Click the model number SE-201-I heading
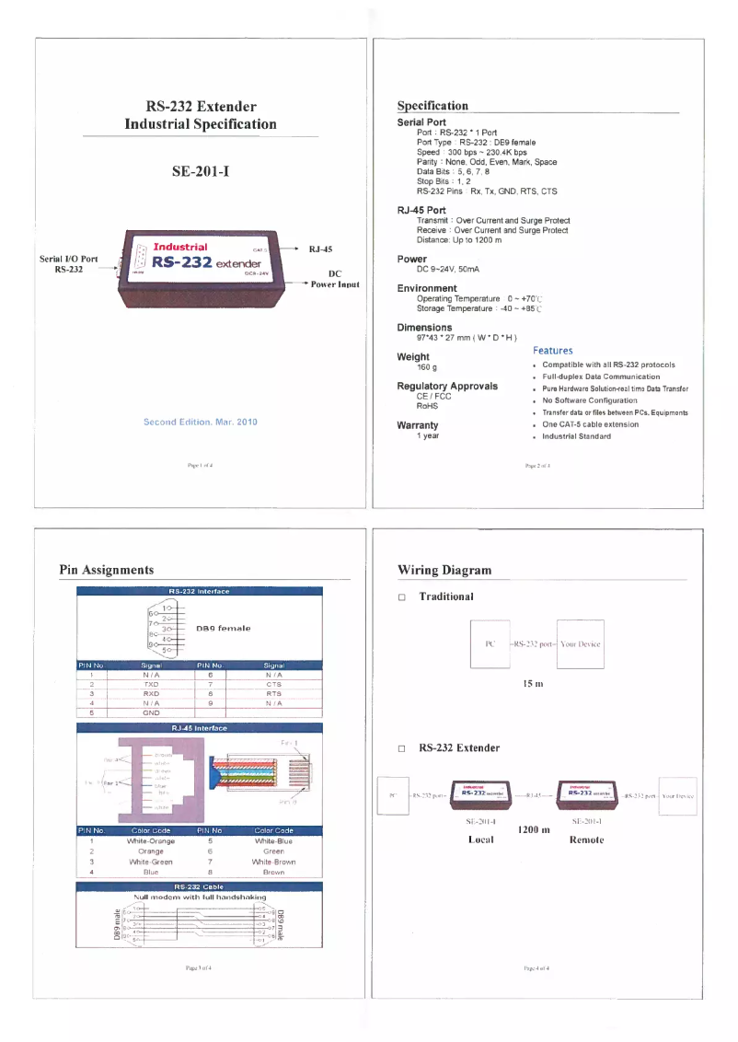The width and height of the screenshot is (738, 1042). (201, 171)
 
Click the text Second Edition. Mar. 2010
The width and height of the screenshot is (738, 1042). (201, 422)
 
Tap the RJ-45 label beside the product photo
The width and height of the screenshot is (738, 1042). (321, 249)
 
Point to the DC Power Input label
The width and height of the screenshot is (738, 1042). (334, 280)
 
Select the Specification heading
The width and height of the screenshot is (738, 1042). (432, 106)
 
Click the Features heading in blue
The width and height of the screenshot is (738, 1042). (552, 351)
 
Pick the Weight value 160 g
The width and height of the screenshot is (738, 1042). (427, 367)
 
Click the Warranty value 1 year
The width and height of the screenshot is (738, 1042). (428, 436)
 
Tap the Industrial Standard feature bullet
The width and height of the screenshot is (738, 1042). (576, 436)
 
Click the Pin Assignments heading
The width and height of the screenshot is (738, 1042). (107, 571)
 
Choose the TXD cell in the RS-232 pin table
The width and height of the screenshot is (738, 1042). (152, 685)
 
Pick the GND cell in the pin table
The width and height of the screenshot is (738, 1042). (152, 712)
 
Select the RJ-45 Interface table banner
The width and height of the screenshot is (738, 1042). (199, 728)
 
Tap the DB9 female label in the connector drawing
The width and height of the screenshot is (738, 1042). (223, 628)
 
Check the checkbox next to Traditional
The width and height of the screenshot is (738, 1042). (402, 597)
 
